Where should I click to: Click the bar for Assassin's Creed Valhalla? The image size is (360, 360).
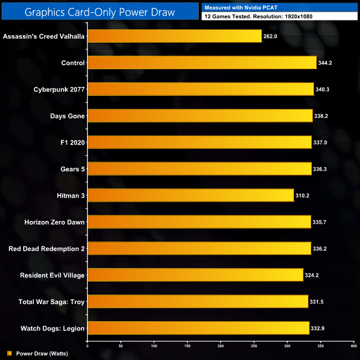(x=174, y=36)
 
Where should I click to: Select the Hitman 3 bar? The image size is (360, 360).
(x=191, y=196)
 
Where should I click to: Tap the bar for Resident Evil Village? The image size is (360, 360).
(x=195, y=275)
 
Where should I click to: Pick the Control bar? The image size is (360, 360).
(x=202, y=63)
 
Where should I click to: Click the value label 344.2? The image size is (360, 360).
(x=325, y=63)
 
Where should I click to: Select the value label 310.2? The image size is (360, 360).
(x=302, y=196)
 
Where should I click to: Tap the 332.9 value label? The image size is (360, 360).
(x=317, y=329)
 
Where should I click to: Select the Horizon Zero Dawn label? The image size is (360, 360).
(x=54, y=222)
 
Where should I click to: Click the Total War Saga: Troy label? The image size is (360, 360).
(x=52, y=302)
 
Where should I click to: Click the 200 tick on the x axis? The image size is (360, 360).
(x=220, y=346)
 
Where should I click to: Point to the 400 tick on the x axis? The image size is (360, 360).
(x=353, y=346)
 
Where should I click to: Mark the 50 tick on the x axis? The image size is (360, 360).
(x=121, y=346)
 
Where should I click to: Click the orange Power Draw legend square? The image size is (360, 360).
(x=9, y=353)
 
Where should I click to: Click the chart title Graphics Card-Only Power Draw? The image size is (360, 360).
(x=100, y=12)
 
